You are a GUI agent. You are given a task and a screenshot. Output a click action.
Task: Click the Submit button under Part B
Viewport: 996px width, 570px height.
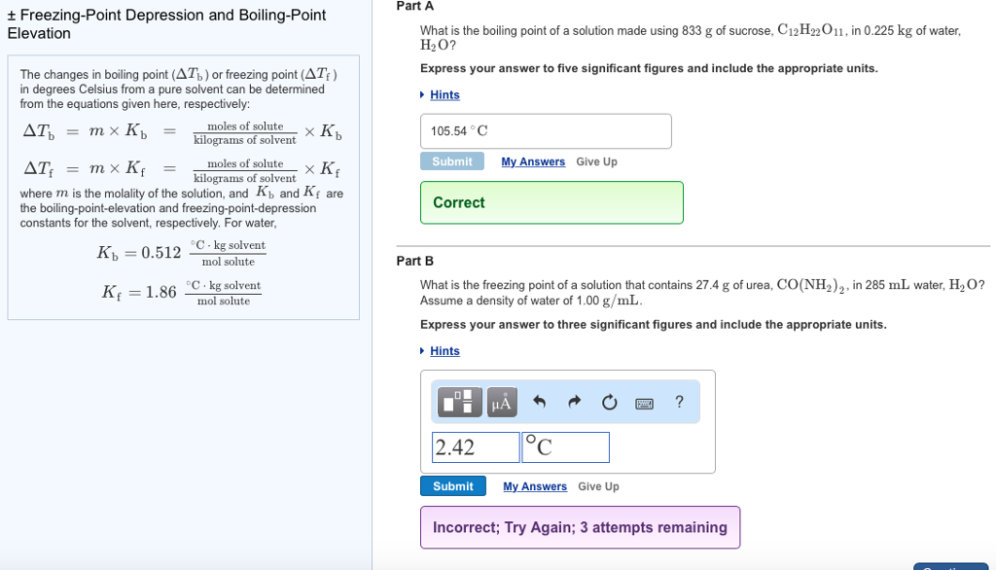(452, 486)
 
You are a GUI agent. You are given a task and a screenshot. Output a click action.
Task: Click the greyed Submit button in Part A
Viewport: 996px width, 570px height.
(452, 161)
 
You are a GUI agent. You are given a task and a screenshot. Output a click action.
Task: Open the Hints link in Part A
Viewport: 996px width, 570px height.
(445, 94)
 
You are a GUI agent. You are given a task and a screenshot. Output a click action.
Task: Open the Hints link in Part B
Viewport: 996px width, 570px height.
(445, 351)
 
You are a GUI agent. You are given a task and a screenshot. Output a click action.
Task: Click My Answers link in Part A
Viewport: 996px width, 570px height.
(533, 161)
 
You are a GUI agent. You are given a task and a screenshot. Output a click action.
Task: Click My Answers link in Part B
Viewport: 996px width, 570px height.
(535, 486)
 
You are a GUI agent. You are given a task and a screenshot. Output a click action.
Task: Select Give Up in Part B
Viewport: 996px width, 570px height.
(598, 486)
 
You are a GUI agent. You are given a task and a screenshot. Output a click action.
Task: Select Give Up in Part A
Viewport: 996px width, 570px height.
(596, 161)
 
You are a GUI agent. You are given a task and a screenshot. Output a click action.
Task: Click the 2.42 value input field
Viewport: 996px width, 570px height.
(475, 447)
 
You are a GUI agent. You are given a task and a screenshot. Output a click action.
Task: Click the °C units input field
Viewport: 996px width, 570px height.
(565, 447)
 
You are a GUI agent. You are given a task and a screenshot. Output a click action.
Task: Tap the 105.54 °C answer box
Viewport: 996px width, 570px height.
(545, 131)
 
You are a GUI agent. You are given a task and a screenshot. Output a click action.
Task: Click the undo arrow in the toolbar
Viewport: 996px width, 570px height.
(542, 402)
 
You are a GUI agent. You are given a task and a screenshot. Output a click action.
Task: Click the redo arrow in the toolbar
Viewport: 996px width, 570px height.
(575, 402)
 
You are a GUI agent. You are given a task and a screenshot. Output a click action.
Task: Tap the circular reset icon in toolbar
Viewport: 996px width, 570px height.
(609, 402)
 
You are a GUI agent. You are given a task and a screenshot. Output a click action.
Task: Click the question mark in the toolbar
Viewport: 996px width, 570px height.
(679, 402)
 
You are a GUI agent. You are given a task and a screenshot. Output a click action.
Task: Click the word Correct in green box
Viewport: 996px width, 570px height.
(459, 202)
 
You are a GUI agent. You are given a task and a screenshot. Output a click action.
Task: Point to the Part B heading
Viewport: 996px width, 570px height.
(415, 261)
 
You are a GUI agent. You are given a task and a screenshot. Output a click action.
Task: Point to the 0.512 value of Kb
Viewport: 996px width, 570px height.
(161, 253)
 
